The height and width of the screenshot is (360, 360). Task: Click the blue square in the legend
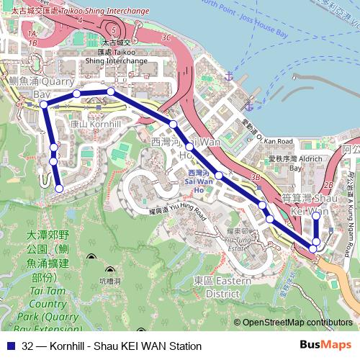pos(9,346)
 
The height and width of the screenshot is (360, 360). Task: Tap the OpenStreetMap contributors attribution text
pos(297,323)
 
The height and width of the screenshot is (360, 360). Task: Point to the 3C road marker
pos(167,37)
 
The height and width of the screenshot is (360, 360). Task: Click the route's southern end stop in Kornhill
pos(59,189)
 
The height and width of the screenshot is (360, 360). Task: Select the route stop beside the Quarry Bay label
pos(44,105)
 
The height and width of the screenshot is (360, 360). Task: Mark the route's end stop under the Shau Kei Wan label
pos(316,215)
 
